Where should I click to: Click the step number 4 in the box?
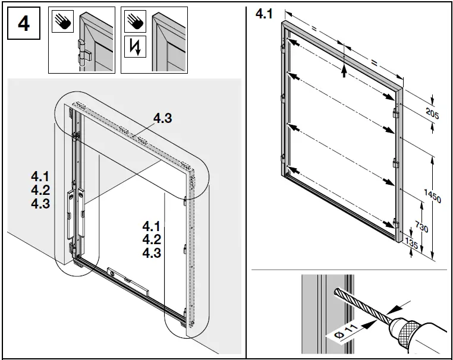24,26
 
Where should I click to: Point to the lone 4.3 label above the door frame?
162,119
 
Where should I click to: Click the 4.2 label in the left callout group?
42,190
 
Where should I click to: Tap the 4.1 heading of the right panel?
263,14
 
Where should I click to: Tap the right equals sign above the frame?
373,61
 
